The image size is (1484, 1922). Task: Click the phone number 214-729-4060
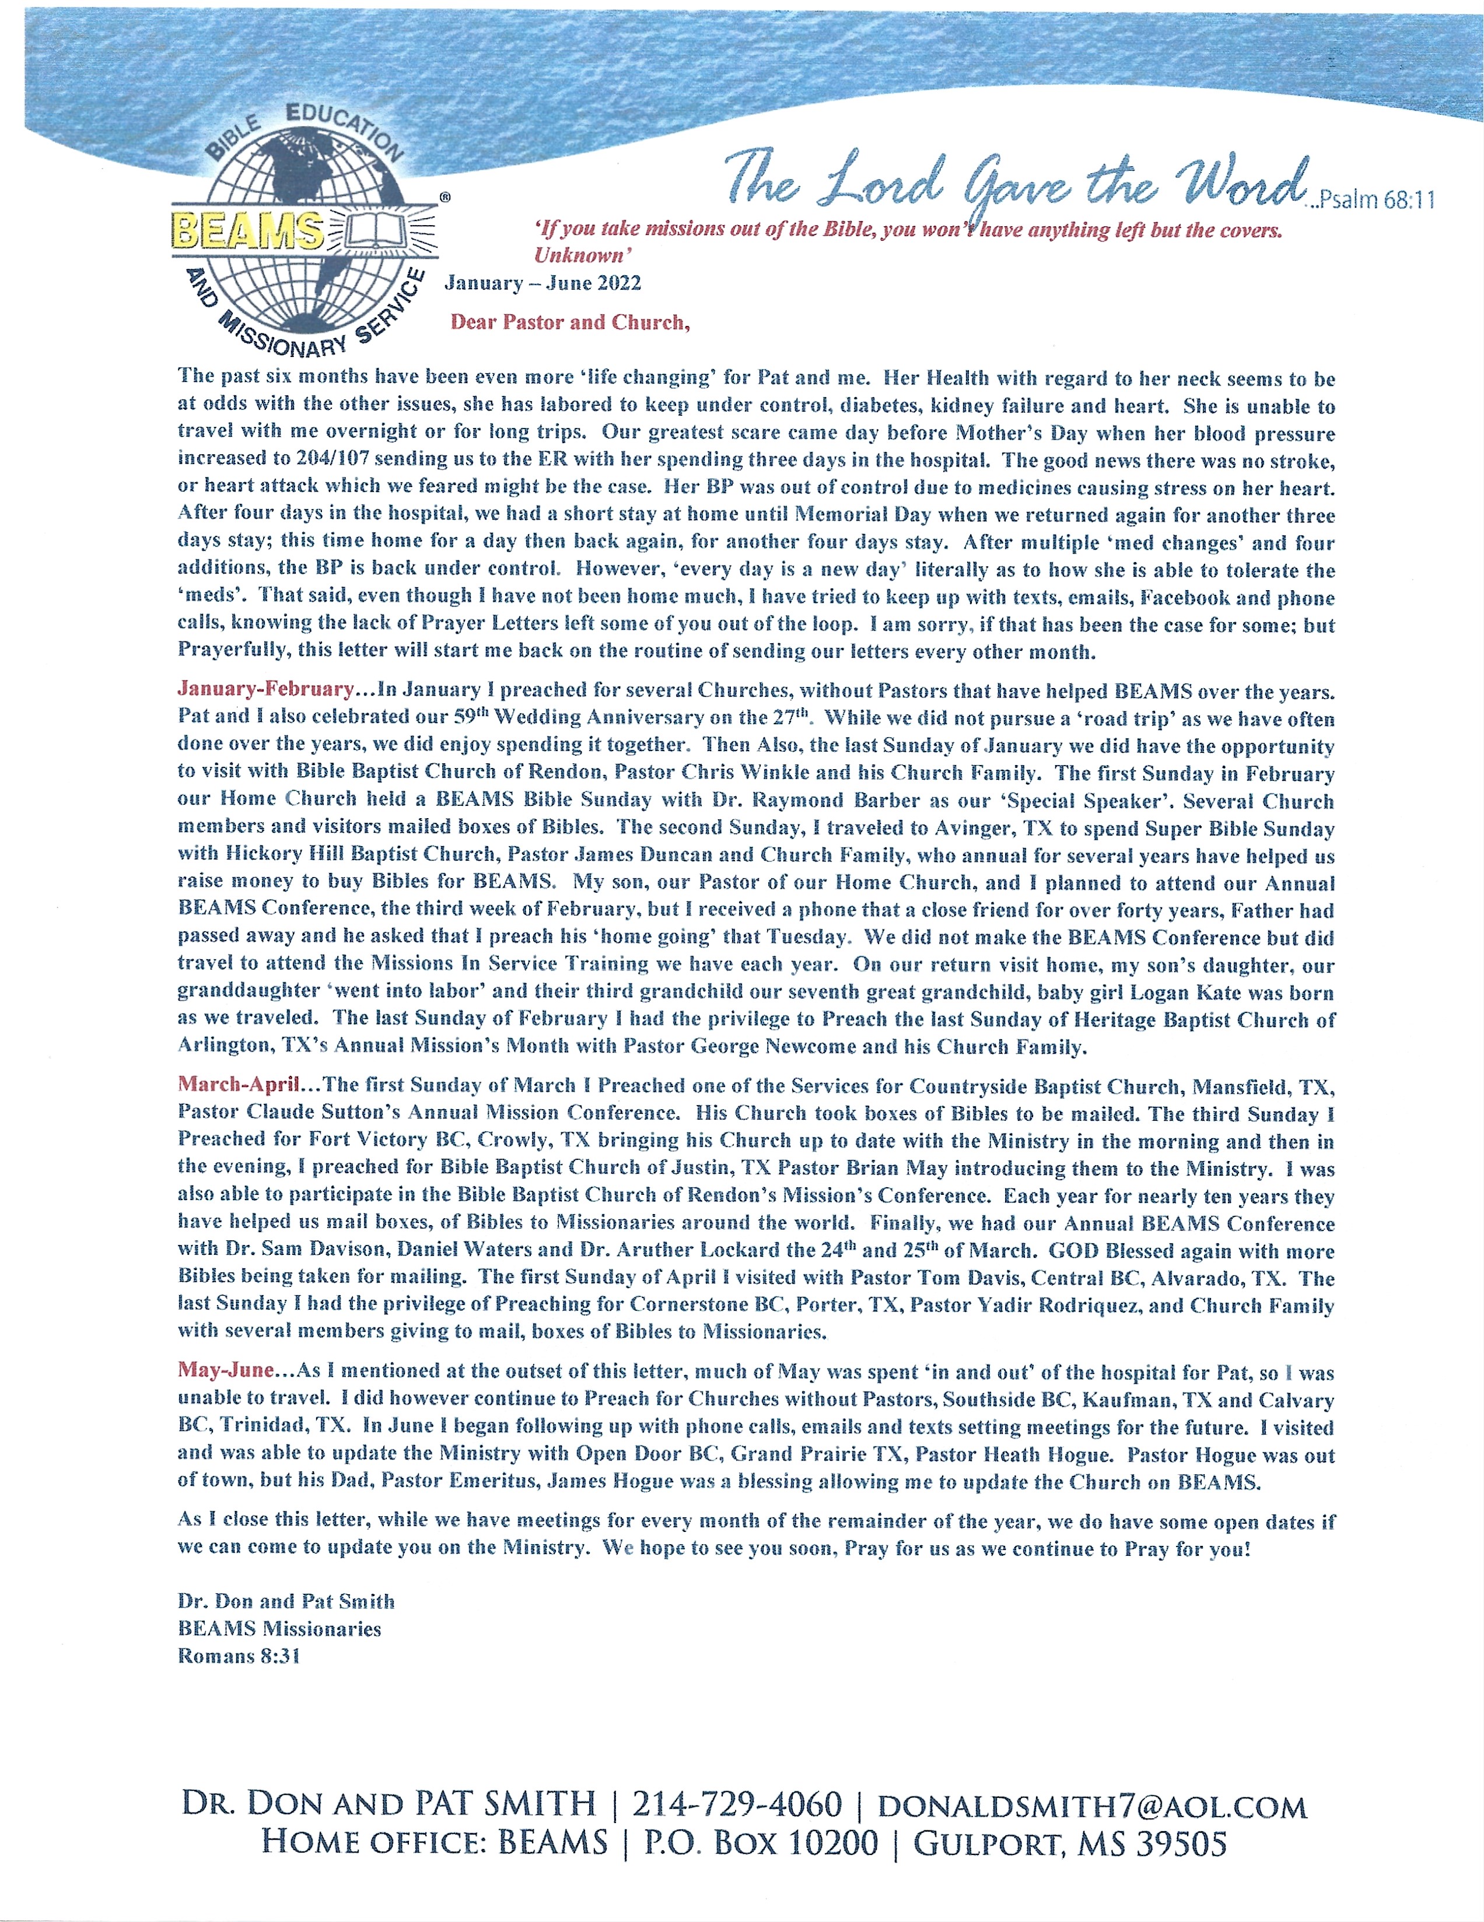(x=737, y=1806)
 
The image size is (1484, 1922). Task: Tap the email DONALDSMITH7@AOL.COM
(x=1091, y=1807)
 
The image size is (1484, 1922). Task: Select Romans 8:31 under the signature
(x=239, y=1656)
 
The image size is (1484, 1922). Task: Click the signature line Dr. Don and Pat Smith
(x=286, y=1601)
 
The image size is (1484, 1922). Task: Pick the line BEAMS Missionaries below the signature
(x=279, y=1628)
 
